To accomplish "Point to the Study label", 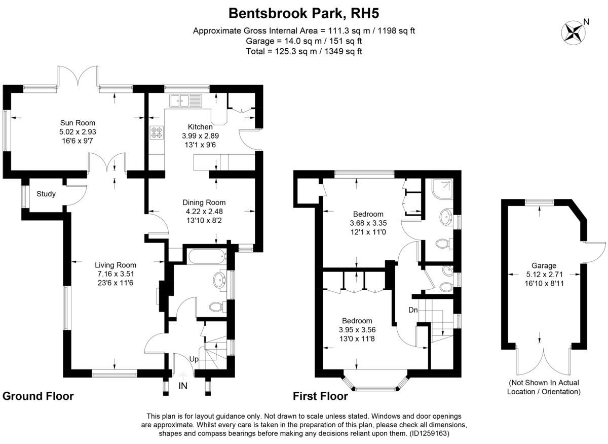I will [x=46, y=194].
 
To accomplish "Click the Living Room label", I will [x=116, y=265].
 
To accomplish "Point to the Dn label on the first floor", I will [x=413, y=310].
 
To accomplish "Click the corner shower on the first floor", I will [x=440, y=189].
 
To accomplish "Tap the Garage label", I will [x=544, y=265].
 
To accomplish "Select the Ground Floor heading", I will [x=38, y=396].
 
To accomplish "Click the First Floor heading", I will [x=320, y=396].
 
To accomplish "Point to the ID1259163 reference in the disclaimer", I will [x=428, y=434].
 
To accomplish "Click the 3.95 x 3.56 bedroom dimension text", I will [x=357, y=329].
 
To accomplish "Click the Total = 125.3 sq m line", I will [x=303, y=51].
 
